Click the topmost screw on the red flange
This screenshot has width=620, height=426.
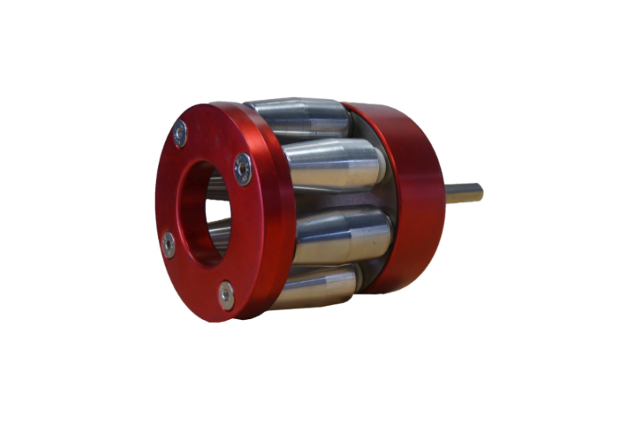click(x=180, y=135)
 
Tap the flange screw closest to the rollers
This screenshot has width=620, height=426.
click(x=243, y=168)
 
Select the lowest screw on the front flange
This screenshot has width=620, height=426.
click(x=226, y=294)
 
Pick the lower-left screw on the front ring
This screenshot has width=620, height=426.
click(x=168, y=246)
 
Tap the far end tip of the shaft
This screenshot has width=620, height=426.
click(x=480, y=191)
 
